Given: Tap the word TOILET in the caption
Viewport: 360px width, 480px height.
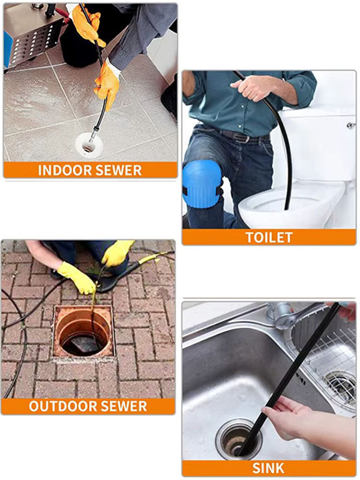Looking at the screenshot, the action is point(269,238).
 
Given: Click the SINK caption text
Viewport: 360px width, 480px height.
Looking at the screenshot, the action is point(268,469).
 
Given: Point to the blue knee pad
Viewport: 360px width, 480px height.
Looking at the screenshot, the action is point(202,184).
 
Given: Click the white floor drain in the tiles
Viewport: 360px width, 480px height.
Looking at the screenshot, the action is point(88,145).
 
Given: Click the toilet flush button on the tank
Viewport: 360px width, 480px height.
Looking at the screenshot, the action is point(352,125).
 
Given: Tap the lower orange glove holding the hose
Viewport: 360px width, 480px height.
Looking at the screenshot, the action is point(107,84).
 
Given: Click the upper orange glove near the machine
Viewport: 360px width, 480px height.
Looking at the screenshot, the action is point(88,25).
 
